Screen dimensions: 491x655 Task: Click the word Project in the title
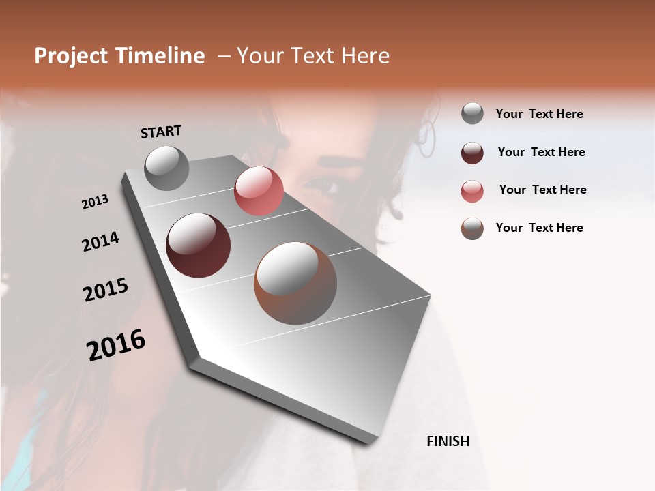(70, 56)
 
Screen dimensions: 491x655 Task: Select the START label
(161, 132)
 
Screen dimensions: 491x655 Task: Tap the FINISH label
(448, 441)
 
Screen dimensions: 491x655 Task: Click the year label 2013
(95, 202)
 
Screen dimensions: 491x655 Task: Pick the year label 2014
(100, 241)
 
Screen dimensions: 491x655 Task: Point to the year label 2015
(106, 290)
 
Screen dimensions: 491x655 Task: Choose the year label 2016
(116, 345)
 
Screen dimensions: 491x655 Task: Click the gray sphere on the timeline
(166, 168)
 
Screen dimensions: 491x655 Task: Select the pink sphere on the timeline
(259, 191)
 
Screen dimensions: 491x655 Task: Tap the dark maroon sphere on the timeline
(198, 245)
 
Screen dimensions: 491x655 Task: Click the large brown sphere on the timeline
(295, 283)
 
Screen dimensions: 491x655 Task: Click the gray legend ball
(472, 114)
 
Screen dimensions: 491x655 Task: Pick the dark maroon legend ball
(472, 152)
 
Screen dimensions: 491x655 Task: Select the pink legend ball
(472, 190)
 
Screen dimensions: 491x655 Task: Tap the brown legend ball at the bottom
(472, 228)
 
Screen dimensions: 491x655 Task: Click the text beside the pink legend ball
(542, 190)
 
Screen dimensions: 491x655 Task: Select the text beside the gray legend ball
(539, 114)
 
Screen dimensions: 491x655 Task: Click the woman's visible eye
(320, 184)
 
